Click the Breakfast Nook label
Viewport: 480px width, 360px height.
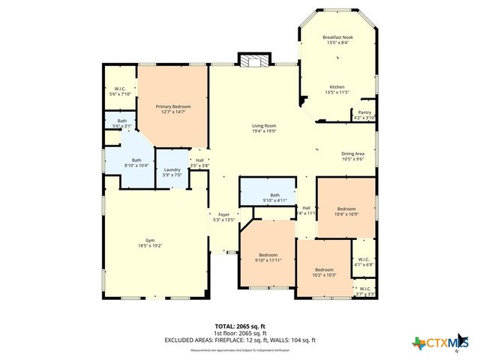(x=337, y=37)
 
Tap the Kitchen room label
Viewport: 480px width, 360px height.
(x=337, y=86)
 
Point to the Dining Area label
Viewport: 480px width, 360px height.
(x=352, y=154)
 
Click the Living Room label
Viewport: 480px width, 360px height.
(x=263, y=125)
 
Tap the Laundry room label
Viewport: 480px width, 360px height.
(x=172, y=169)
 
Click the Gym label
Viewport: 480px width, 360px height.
(x=150, y=240)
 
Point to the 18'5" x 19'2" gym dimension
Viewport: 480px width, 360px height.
(x=150, y=246)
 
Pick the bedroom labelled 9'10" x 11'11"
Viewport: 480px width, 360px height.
(x=268, y=257)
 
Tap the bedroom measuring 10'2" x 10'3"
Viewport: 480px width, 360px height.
(x=324, y=272)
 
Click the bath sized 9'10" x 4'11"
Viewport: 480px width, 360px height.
(x=274, y=198)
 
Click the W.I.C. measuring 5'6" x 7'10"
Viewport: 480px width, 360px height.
(x=120, y=91)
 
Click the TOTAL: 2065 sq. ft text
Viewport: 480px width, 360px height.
(x=240, y=327)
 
